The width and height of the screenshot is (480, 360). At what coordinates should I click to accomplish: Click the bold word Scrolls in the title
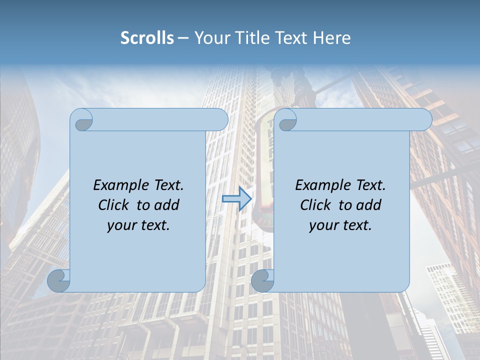tap(147, 37)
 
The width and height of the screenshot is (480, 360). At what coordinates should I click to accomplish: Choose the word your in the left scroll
tap(120, 225)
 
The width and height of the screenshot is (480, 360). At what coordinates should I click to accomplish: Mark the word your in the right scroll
tap(322, 225)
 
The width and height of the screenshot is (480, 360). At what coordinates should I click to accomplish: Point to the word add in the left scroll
tap(166, 205)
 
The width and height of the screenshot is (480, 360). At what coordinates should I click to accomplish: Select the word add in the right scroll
tap(368, 205)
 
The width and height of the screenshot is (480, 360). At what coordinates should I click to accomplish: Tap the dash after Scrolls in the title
tap(182, 38)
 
